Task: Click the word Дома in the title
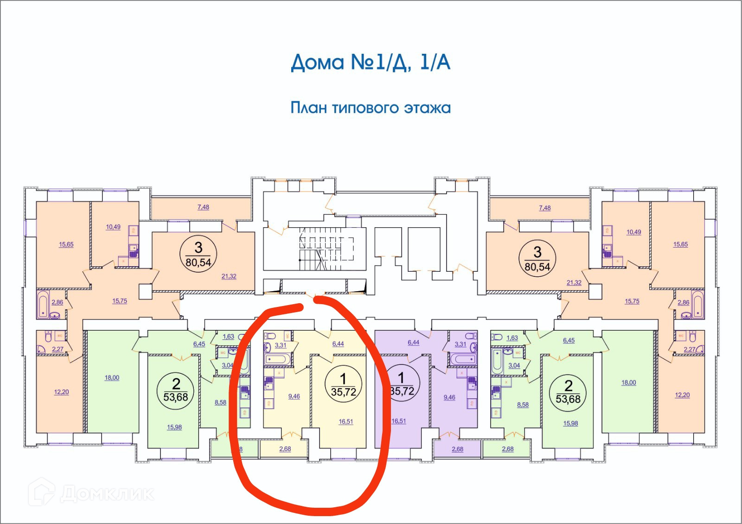(318, 63)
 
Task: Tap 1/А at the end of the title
(435, 62)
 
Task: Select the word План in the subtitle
(308, 108)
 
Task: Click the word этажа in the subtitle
(427, 108)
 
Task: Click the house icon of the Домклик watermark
(42, 492)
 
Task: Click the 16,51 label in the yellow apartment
(345, 422)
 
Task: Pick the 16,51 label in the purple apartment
(398, 421)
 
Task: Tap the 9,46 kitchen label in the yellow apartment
(294, 396)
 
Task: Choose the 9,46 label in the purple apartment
(449, 397)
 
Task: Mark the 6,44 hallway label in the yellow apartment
(338, 344)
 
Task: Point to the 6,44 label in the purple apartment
(413, 342)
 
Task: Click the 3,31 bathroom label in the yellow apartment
(281, 345)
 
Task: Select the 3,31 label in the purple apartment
(461, 344)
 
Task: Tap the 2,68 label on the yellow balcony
(285, 448)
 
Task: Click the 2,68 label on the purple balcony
(457, 449)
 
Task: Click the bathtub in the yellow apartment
(277, 359)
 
